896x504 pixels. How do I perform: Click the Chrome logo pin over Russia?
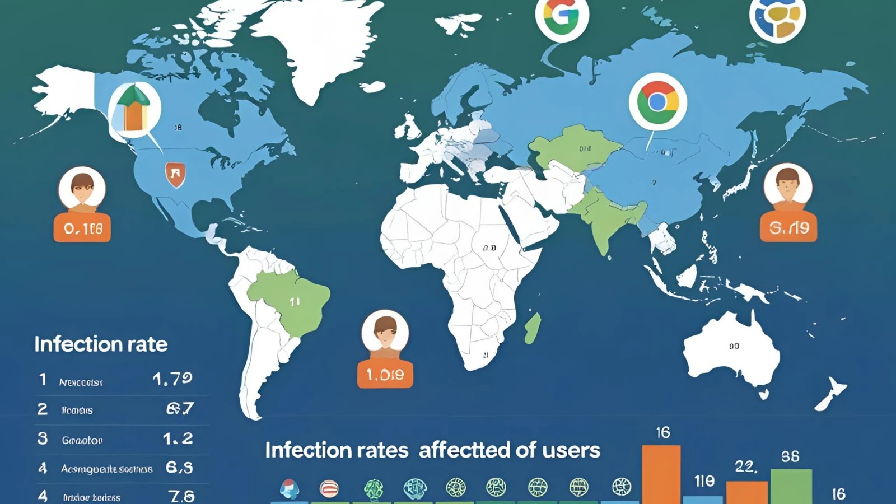[x=657, y=102]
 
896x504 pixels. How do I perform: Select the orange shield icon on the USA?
[x=175, y=174]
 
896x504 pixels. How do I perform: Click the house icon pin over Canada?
[x=134, y=109]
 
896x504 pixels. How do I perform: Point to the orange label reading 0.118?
[x=82, y=228]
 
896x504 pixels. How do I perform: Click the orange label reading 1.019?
[x=385, y=374]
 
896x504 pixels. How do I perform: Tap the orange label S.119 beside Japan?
[x=788, y=227]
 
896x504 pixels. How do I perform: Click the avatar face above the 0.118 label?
[x=82, y=189]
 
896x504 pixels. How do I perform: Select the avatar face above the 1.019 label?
[x=385, y=332]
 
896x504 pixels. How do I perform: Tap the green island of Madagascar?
[x=533, y=329]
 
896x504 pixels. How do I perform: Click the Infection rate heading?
[x=101, y=344]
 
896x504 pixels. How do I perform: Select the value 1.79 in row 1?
[x=172, y=379]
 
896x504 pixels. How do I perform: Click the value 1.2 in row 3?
[x=178, y=438]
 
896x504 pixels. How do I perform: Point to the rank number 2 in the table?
[x=43, y=409]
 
